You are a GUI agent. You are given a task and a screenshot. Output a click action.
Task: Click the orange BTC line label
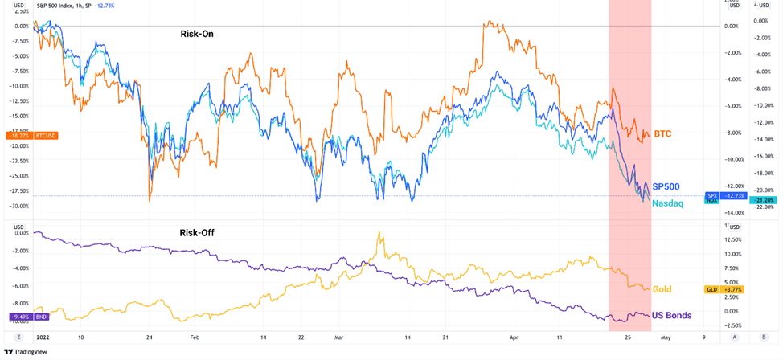pos(662,133)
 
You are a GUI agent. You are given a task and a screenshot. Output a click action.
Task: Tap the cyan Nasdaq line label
pos(667,203)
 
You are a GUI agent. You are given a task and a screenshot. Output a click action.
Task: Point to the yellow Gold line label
pos(662,288)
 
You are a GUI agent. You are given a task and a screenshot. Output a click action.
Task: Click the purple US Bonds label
pos(671,315)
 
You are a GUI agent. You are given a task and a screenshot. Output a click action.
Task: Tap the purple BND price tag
pos(29,317)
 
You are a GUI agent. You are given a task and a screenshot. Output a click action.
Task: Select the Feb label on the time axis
pos(195,338)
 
